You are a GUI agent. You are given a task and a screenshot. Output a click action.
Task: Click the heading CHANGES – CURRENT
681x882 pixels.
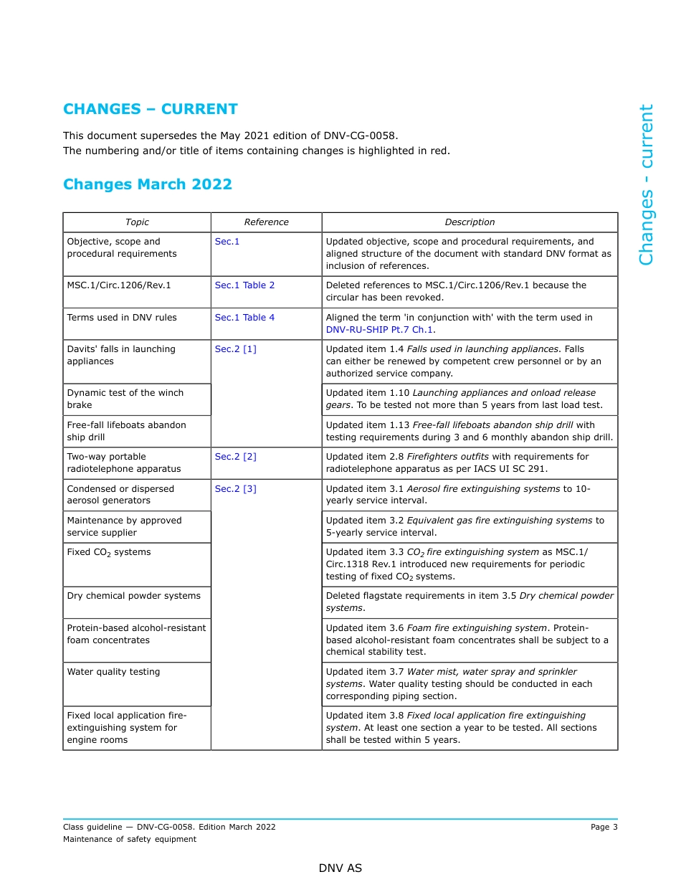tap(150, 109)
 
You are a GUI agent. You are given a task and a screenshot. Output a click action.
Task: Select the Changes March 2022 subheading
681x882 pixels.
tap(147, 184)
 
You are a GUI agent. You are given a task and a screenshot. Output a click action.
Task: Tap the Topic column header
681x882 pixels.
tap(137, 222)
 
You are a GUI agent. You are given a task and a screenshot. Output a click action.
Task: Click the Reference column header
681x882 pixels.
tap(266, 222)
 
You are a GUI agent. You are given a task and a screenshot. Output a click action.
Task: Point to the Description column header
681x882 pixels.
tap(470, 222)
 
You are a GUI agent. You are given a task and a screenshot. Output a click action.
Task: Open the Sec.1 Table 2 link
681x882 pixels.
tap(244, 285)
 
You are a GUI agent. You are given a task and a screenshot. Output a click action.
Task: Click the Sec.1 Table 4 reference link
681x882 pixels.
tap(244, 318)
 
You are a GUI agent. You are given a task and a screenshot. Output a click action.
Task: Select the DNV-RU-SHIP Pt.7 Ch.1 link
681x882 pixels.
tap(379, 330)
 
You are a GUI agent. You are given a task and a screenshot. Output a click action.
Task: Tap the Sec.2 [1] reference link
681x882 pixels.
tap(235, 349)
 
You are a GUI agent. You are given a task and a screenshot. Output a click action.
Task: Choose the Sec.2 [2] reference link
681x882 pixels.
tap(235, 457)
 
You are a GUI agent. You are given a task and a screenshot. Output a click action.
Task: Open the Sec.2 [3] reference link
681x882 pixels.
tap(235, 489)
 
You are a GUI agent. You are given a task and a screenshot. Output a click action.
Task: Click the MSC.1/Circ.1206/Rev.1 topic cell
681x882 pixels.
tap(119, 285)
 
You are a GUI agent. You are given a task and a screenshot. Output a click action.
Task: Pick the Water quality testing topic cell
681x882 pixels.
tap(113, 672)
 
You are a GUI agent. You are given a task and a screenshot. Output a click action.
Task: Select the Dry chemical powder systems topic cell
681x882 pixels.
tap(133, 596)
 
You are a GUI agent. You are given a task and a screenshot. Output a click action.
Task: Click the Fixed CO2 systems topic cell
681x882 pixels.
tap(108, 553)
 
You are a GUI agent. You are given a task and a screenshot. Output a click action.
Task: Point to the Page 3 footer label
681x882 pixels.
tap(604, 827)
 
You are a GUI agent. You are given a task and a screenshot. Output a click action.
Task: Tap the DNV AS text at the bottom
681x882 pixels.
tap(340, 868)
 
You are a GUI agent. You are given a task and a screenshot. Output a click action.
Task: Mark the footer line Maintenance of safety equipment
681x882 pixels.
tap(130, 839)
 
